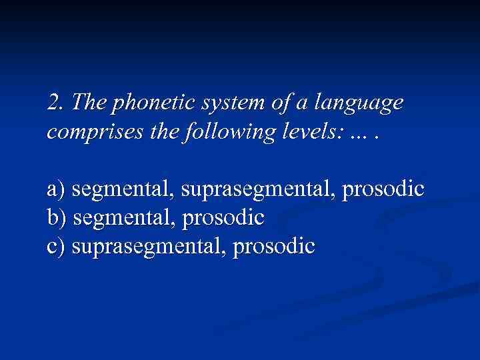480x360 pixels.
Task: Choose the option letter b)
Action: click(57, 217)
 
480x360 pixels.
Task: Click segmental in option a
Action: click(124, 190)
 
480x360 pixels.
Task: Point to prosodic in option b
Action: click(227, 218)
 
